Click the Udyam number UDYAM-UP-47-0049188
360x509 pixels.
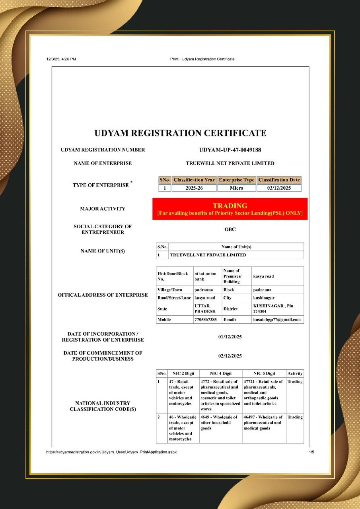pos(230,150)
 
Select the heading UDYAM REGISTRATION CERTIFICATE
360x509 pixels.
pos(180,133)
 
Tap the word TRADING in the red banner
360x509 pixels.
pos(230,206)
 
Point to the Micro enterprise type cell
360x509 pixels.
pos(236,188)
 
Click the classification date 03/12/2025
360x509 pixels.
pos(279,188)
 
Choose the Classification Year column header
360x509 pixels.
pos(194,180)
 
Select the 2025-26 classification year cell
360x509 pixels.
pos(194,188)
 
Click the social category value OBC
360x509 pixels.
pos(230,229)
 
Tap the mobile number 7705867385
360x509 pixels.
pos(206,319)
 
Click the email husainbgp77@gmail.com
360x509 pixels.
pos(277,319)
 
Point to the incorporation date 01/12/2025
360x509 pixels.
pos(230,337)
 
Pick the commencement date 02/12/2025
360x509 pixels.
pos(230,356)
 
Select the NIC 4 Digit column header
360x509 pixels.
pos(220,373)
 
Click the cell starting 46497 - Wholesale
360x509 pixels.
pos(264,423)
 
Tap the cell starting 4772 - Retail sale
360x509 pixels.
pos(220,395)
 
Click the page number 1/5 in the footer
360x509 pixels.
pos(311,452)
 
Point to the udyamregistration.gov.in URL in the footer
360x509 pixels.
pos(111,452)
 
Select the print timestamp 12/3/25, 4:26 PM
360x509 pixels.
pos(61,59)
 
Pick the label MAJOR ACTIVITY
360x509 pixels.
pos(103,208)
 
